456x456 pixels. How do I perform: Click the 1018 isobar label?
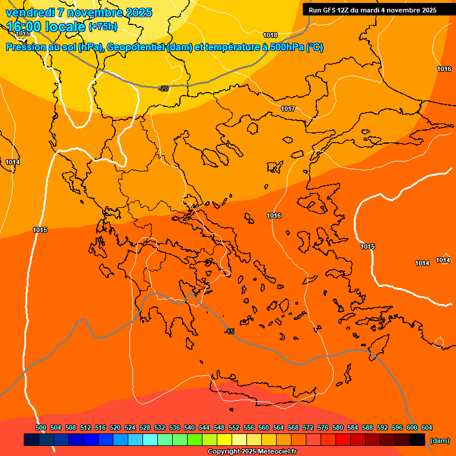(x=270, y=35)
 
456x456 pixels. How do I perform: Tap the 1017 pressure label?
(x=288, y=109)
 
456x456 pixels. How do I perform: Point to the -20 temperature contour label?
(x=163, y=88)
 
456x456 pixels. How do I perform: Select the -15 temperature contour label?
(x=229, y=331)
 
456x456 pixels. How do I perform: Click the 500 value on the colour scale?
(x=41, y=427)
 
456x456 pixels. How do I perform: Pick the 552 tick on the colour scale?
(x=234, y=427)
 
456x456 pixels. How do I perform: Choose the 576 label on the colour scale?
(x=323, y=427)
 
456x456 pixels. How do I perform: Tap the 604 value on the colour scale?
(x=427, y=427)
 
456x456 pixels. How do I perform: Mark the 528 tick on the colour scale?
(x=145, y=427)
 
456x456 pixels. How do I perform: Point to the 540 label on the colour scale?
(x=189, y=427)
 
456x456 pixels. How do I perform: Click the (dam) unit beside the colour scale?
(x=439, y=441)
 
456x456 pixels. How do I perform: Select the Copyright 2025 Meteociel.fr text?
(x=252, y=452)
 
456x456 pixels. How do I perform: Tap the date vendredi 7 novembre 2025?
(x=78, y=12)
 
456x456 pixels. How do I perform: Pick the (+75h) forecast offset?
(x=103, y=27)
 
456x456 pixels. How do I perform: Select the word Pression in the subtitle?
(x=25, y=47)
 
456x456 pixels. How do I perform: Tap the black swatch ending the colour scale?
(x=417, y=440)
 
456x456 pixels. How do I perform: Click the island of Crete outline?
(x=261, y=392)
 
